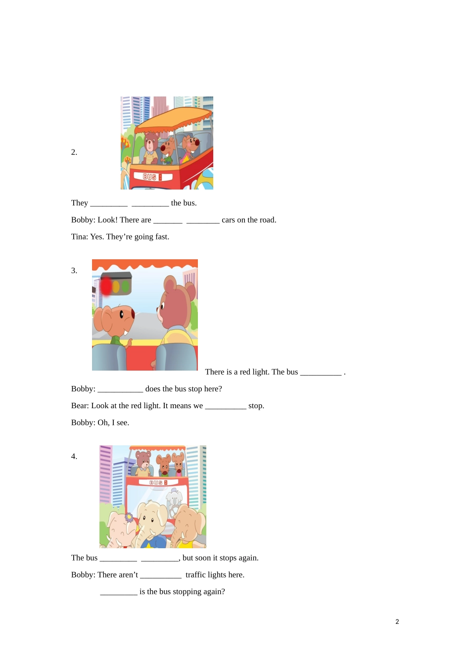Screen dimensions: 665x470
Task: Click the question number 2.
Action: pos(74,152)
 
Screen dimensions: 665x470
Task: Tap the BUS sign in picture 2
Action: pos(150,177)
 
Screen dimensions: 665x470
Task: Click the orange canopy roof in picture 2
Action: pos(173,118)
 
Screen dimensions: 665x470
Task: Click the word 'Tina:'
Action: pos(80,237)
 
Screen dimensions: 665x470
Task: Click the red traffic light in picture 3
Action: pos(106,286)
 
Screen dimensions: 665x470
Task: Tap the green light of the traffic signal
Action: pos(126,286)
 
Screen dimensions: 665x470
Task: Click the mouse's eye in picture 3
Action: pos(122,314)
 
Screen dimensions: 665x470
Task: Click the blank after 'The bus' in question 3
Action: pos(321,372)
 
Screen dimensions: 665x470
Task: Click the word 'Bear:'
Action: pos(80,406)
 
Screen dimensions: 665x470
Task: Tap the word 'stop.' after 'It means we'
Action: pos(256,406)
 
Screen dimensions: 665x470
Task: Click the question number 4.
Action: pos(74,457)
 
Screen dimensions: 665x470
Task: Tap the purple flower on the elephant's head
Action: pos(129,517)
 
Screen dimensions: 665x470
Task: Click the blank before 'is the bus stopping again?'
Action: pos(119,592)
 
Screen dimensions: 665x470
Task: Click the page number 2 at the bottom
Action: pos(397,622)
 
